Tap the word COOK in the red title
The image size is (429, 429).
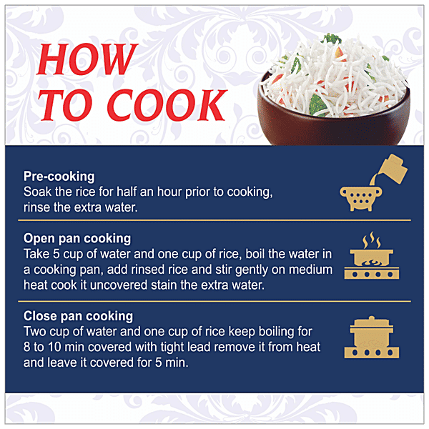[x=167, y=105]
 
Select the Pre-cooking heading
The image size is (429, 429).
[x=59, y=177]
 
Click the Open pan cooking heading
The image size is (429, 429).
[x=77, y=238]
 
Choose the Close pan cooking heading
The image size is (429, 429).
[x=78, y=316]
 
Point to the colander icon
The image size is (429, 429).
[x=361, y=199]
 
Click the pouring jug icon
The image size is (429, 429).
[x=390, y=169]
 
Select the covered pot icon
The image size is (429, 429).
[x=372, y=337]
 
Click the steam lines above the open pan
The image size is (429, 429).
[x=372, y=240]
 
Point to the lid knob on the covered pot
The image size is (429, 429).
[x=371, y=318]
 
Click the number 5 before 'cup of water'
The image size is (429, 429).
[x=56, y=254]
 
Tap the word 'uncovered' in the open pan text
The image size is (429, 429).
[x=119, y=285]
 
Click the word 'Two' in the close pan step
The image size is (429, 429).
[x=34, y=332]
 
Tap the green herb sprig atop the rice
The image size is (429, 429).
[x=332, y=39]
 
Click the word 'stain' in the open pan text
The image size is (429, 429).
[x=164, y=285]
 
